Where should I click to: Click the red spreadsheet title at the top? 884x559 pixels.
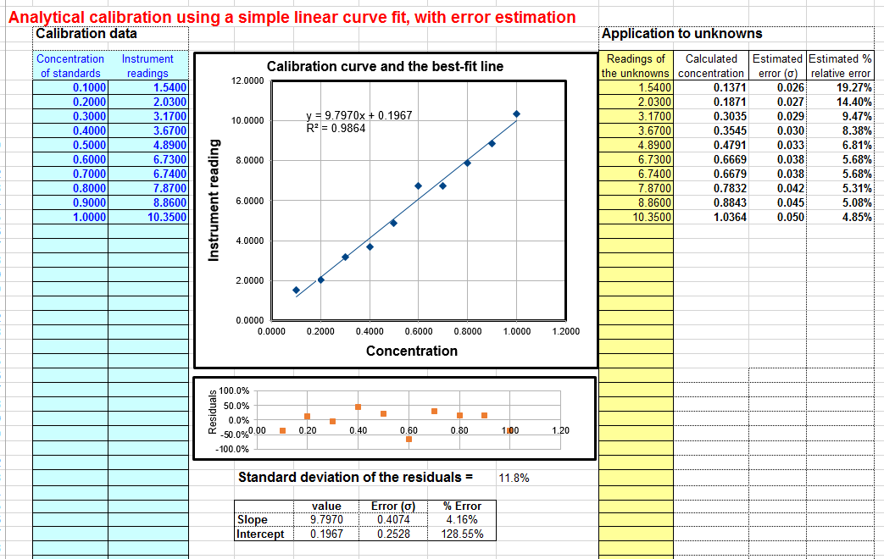(x=292, y=17)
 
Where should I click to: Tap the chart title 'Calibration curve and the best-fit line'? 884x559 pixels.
(x=385, y=66)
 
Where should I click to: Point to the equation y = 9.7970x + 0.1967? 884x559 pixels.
(x=359, y=115)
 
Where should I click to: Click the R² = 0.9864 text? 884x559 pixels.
(x=336, y=129)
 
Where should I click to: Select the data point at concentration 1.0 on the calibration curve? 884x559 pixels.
(x=516, y=113)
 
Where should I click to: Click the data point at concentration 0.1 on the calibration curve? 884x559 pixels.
(x=296, y=290)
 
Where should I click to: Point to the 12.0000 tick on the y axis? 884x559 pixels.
(x=247, y=80)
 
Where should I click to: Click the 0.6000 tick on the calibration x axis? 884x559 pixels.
(x=418, y=331)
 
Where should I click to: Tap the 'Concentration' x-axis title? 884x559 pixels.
(x=411, y=351)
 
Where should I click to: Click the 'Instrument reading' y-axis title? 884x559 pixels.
(x=214, y=200)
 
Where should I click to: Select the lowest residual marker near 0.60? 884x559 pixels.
(x=409, y=439)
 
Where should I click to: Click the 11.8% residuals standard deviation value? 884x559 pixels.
(x=514, y=478)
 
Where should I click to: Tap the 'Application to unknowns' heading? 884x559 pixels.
(x=681, y=34)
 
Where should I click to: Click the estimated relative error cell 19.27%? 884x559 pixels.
(x=854, y=86)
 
